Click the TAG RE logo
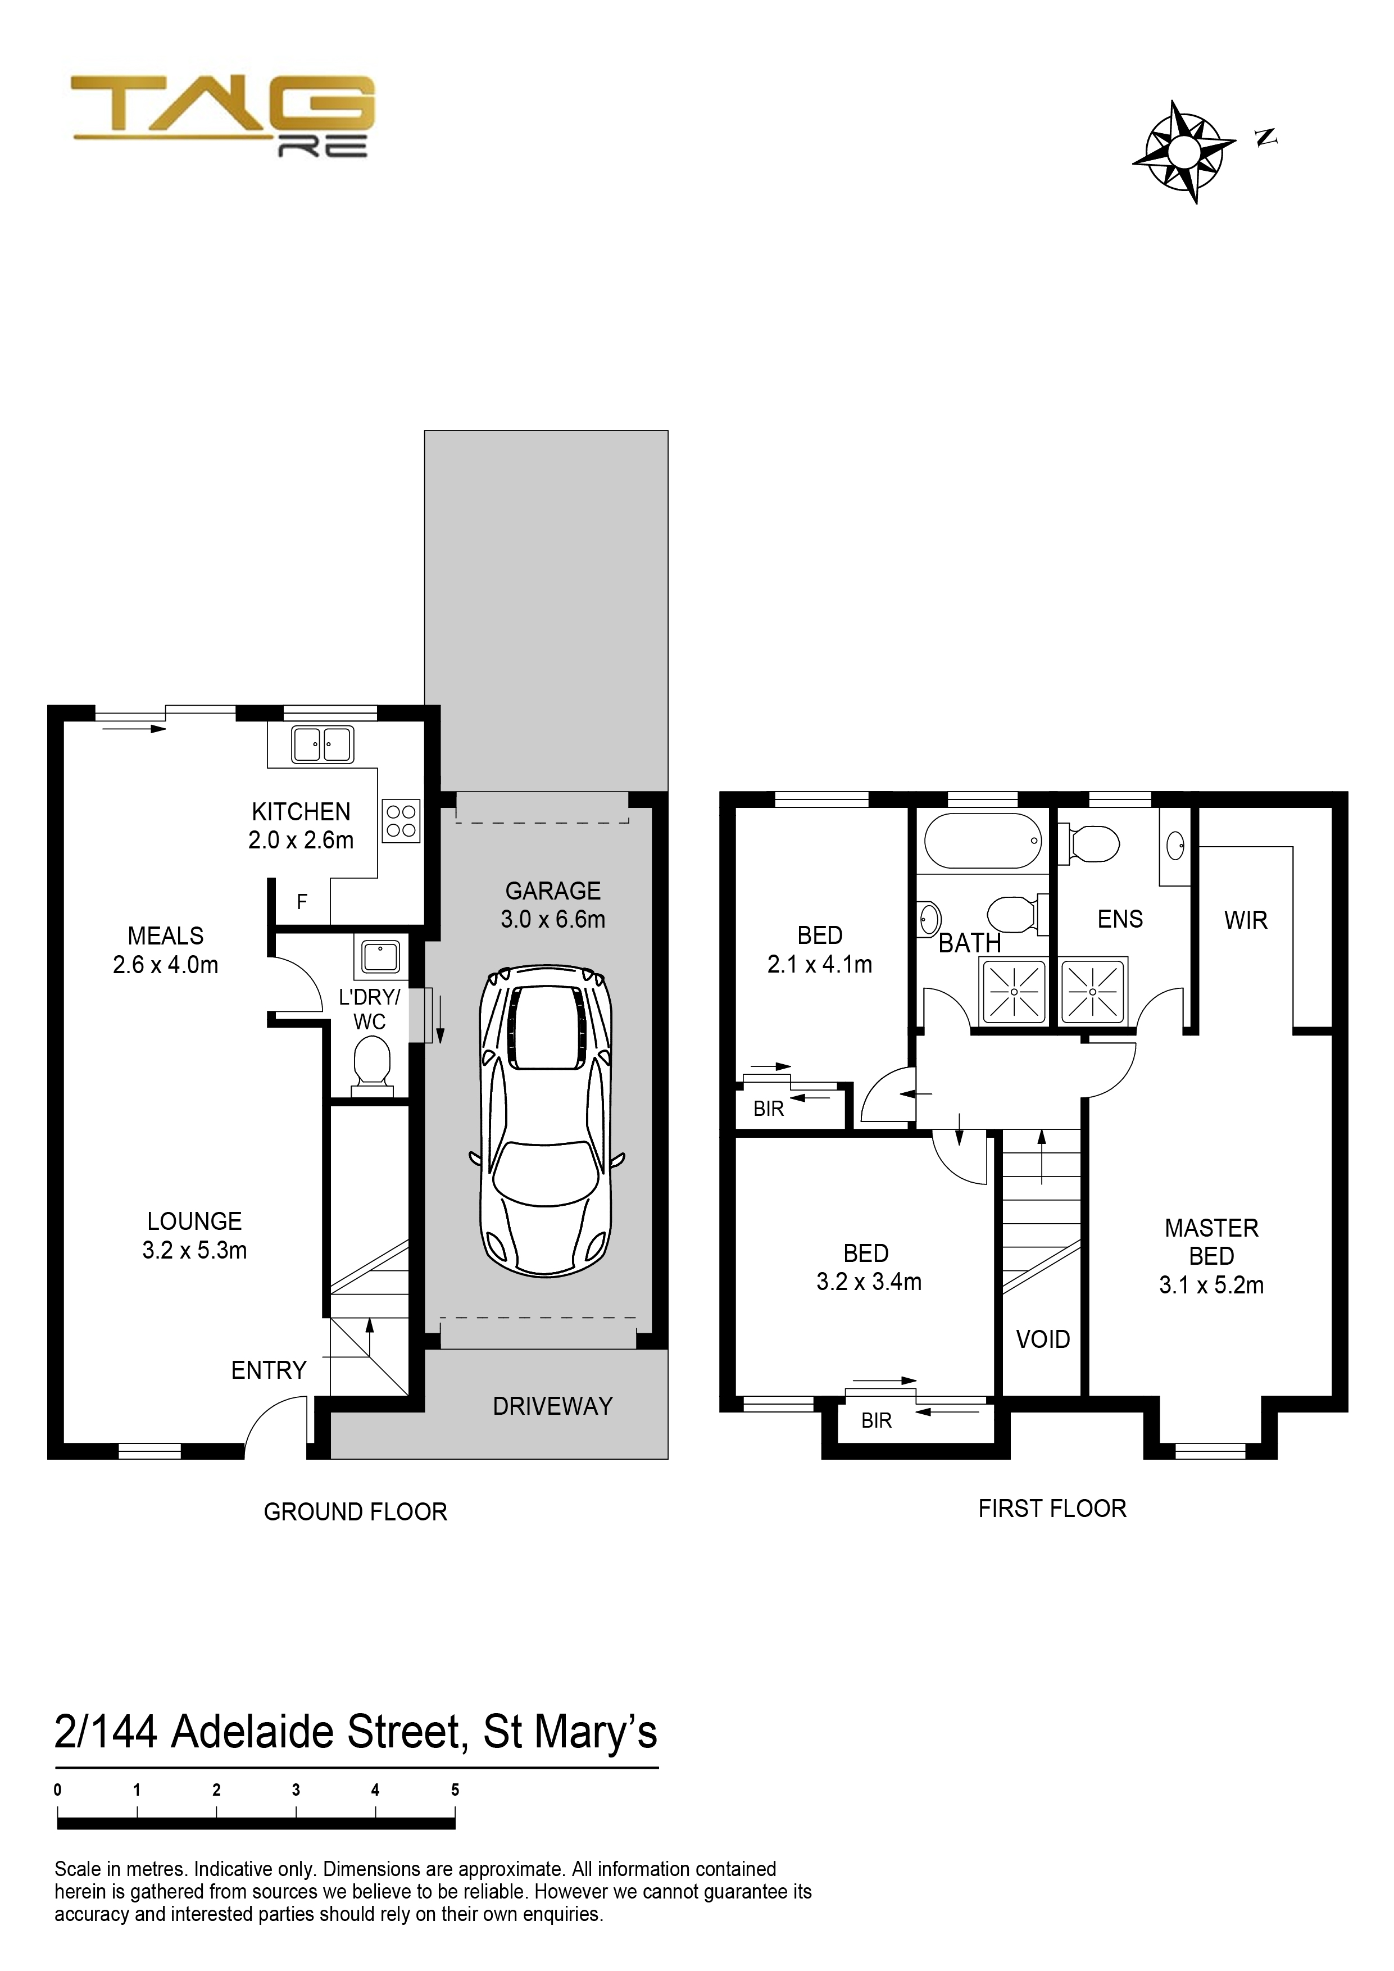pyautogui.click(x=223, y=116)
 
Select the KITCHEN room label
pyautogui.click(x=301, y=811)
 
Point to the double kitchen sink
pyautogui.click(x=322, y=744)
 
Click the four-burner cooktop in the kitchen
pyautogui.click(x=401, y=821)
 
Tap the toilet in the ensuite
pyautogui.click(x=1089, y=843)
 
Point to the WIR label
pyautogui.click(x=1246, y=920)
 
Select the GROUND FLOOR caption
pyautogui.click(x=355, y=1512)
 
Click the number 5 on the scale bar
pyautogui.click(x=455, y=1790)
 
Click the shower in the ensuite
pyautogui.click(x=1093, y=992)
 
